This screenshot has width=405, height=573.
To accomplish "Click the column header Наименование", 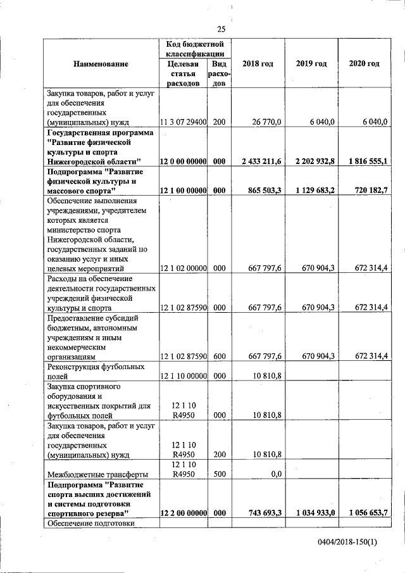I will point(101,64).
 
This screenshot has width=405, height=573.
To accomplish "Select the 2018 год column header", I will point(258,64).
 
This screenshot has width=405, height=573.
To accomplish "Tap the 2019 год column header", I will point(311,64).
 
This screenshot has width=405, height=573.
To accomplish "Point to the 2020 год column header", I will point(364,64).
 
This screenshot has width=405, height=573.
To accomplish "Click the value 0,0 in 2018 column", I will point(275,474).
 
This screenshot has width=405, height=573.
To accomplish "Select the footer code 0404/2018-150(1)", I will point(347,544).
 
